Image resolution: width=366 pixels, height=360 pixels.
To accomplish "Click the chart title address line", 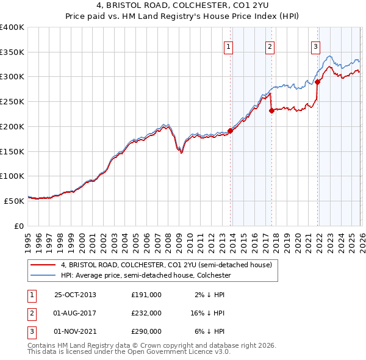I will click(x=182, y=6).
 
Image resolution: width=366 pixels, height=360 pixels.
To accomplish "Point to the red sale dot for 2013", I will click(x=231, y=131).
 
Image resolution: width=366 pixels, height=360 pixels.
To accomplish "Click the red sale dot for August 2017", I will click(x=271, y=110).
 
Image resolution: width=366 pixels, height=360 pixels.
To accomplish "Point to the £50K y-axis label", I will click(x=15, y=200).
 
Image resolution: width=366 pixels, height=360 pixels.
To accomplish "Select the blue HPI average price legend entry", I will click(x=146, y=275).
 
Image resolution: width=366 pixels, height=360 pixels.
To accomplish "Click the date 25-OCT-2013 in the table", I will click(x=74, y=295).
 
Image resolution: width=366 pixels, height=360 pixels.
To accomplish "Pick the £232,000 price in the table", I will click(x=146, y=313).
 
